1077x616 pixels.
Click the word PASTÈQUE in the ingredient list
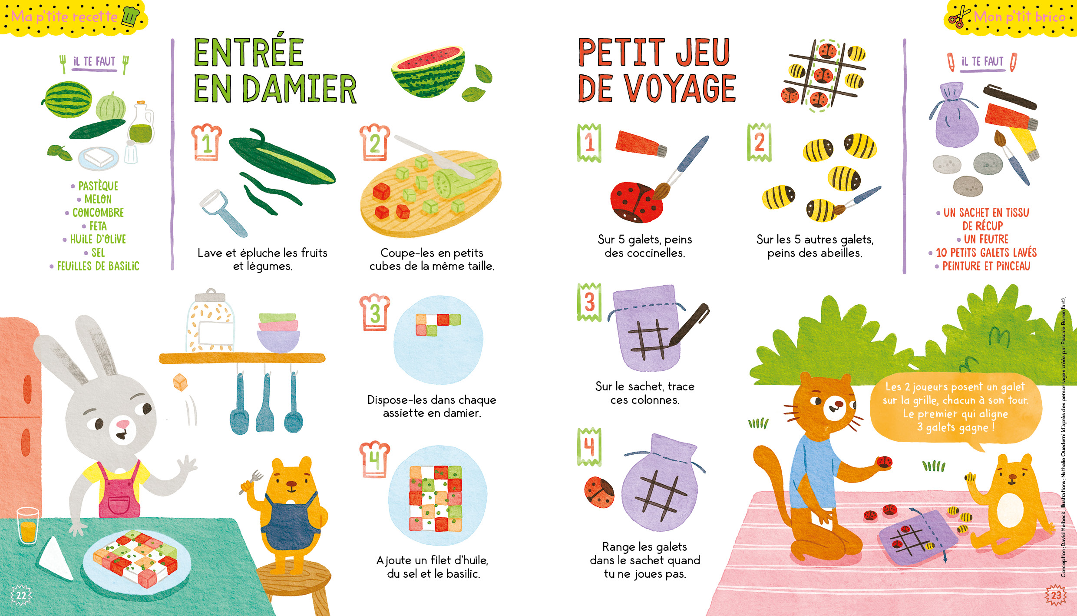(98, 186)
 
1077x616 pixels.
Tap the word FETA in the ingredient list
(98, 226)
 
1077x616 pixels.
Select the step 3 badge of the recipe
(374, 312)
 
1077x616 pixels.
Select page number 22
(21, 595)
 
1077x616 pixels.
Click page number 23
(1056, 595)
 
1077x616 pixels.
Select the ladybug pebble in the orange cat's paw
(884, 462)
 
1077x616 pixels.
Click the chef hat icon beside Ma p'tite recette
(131, 17)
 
